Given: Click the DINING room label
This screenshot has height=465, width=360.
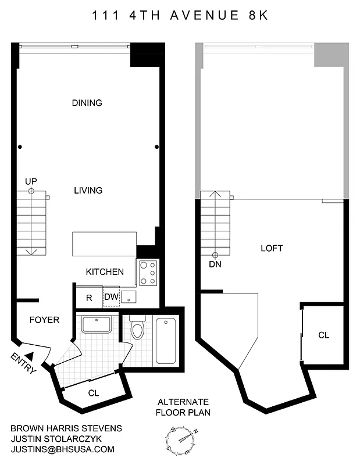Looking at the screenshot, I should (x=87, y=103).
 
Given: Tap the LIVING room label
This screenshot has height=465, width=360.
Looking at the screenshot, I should (x=88, y=190).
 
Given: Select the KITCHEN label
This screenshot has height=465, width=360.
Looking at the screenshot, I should (x=105, y=271).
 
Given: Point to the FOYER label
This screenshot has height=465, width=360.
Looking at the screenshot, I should (x=44, y=320).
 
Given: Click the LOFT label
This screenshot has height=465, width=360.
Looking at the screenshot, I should (x=272, y=248).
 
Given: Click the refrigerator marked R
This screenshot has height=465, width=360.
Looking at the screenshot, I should (x=89, y=298).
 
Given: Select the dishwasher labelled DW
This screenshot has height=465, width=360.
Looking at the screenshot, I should (x=111, y=297).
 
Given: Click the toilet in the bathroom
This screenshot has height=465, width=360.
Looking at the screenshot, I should (x=138, y=328).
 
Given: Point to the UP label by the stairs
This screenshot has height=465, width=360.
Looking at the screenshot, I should (x=31, y=182).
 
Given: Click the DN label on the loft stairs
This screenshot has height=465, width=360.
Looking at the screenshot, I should (x=215, y=264).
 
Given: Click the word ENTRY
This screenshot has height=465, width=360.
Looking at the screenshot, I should (x=23, y=363).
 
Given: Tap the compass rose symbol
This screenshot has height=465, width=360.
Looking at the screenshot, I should (x=181, y=436).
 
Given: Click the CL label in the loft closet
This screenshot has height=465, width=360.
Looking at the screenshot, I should (x=323, y=335).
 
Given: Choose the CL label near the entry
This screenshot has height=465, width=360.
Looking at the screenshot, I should (x=93, y=393).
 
